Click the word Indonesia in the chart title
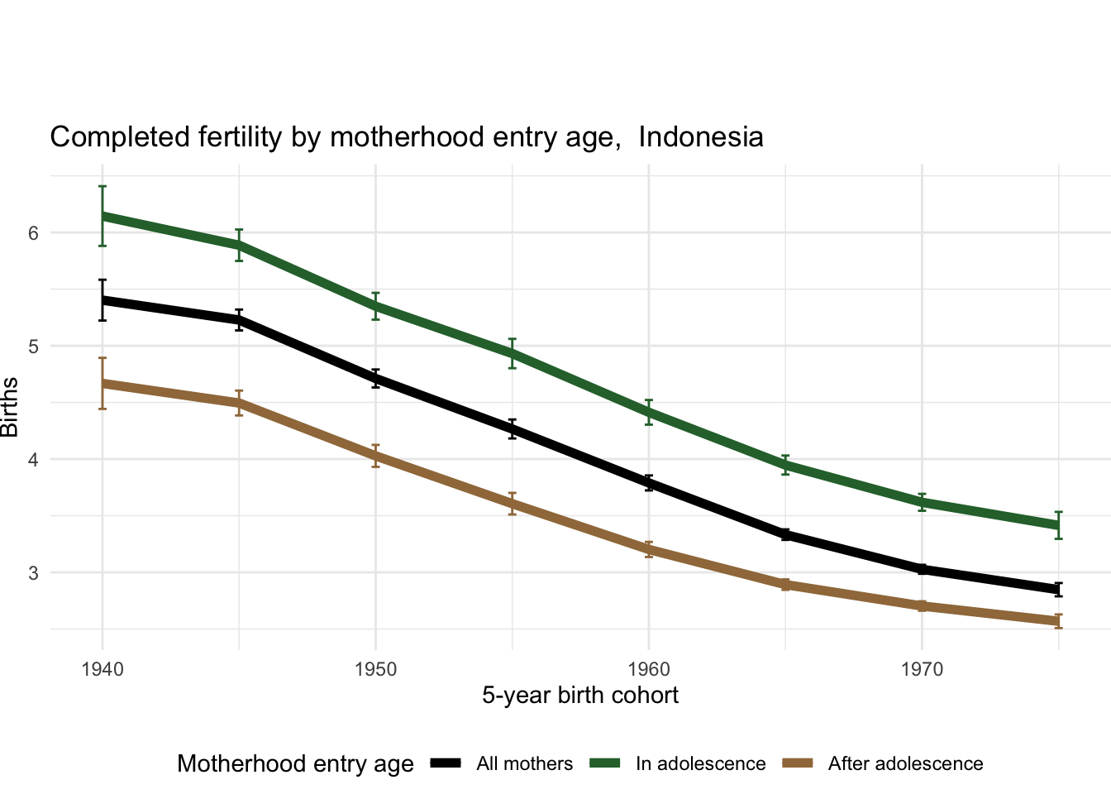(701, 136)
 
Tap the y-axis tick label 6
(33, 233)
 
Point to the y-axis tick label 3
(33, 573)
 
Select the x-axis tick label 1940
(103, 668)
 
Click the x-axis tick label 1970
(922, 668)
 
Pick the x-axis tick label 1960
(649, 668)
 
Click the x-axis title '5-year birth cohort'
(580, 696)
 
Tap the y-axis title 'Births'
(10, 407)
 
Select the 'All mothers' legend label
(524, 764)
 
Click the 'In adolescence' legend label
(700, 764)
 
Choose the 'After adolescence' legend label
(905, 764)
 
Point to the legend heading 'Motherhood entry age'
(295, 764)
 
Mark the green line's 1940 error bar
(103, 216)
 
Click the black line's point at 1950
(376, 379)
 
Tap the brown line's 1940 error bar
(103, 383)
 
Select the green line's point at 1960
(649, 412)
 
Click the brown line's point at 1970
(922, 606)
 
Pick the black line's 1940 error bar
(103, 299)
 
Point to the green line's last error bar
(1058, 525)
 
